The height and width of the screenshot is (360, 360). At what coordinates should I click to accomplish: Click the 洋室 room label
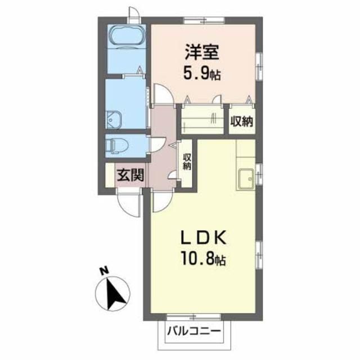(x=202, y=52)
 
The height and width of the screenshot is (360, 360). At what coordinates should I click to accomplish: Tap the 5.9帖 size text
(x=202, y=73)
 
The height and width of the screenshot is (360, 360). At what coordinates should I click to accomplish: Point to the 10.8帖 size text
(x=204, y=259)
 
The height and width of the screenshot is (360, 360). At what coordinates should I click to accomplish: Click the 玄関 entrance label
(x=130, y=175)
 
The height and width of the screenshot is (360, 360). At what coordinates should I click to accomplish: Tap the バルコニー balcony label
(x=194, y=331)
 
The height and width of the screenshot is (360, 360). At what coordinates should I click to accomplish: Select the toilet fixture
(x=116, y=146)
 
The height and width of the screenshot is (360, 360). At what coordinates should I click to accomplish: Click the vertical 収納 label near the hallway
(x=187, y=162)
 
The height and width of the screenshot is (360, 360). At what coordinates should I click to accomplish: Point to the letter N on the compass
(x=105, y=271)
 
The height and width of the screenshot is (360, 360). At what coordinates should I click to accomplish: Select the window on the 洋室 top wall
(x=204, y=20)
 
